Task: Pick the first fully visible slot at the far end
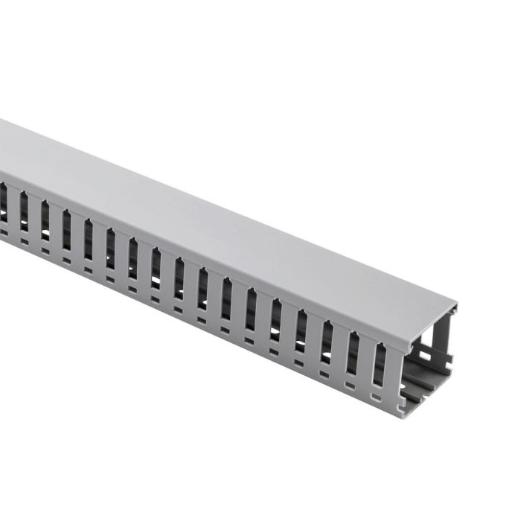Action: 24,211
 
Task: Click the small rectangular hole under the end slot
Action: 375,396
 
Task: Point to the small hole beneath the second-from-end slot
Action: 350,386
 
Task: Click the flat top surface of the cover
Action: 223,216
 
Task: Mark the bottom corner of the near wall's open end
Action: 403,413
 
